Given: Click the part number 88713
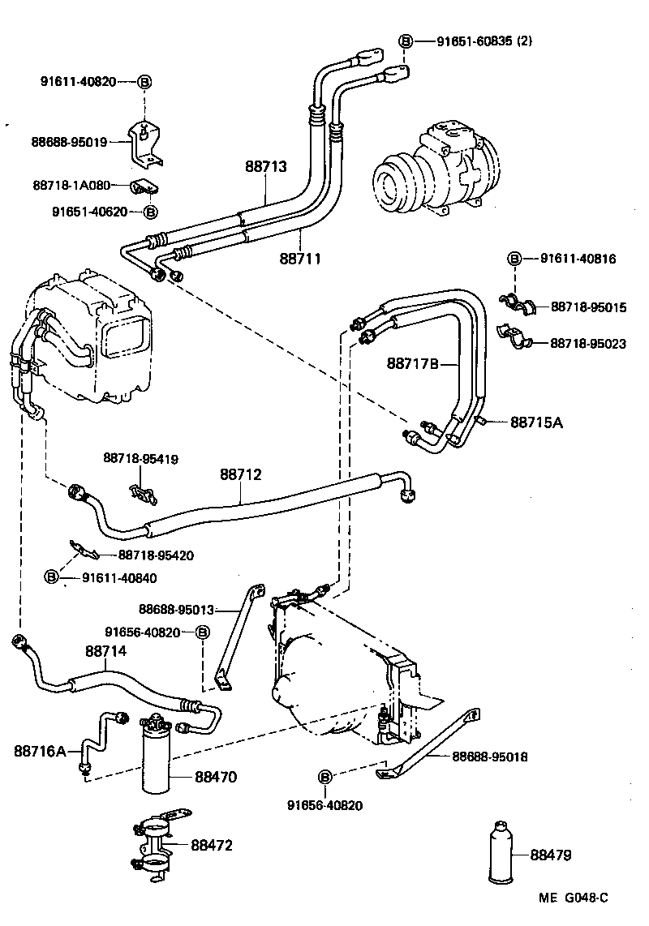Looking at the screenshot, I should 266,166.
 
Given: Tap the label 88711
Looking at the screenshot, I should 300,259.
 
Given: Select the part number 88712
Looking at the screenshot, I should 240,474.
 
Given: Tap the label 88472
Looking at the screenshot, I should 212,846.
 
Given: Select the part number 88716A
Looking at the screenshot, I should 39,751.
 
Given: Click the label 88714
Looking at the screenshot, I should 105,651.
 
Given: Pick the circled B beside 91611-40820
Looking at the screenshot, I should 144,82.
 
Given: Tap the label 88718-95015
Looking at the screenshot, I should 588,307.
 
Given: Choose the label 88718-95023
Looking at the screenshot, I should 588,344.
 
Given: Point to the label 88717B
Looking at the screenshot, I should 412,364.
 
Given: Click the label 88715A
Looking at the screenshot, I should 536,422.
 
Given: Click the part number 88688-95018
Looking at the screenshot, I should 489,757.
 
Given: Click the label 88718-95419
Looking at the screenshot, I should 140,459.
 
